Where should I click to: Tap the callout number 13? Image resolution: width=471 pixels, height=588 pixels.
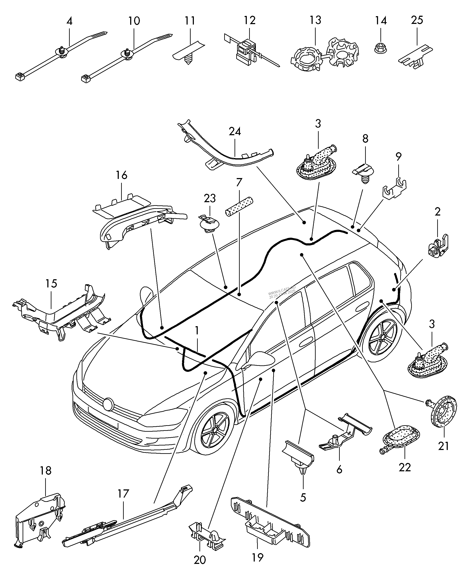point(315,20)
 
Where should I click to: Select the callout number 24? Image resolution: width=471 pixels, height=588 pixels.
point(235,132)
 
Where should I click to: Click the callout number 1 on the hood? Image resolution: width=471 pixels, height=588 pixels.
point(197,331)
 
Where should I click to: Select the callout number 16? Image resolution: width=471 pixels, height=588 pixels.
point(122,175)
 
